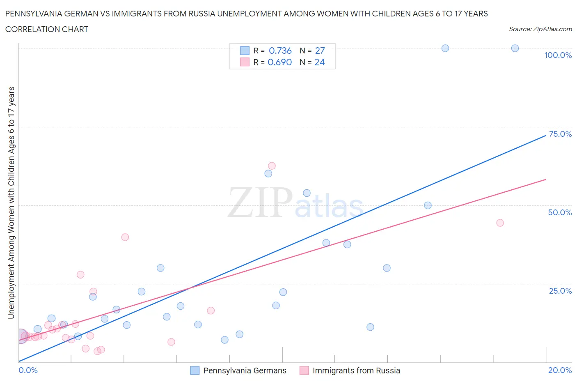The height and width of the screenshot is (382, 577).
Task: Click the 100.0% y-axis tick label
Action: tap(558, 55)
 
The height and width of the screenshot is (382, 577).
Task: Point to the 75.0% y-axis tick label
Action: tap(560, 134)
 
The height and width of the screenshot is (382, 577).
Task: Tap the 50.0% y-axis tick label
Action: tap(560, 212)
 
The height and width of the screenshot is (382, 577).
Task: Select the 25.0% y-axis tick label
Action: tap(560, 291)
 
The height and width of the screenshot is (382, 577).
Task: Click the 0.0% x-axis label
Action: tap(28, 370)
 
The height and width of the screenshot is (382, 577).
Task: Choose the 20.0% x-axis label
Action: tap(560, 370)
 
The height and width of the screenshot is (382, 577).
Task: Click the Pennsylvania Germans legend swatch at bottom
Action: tap(195, 370)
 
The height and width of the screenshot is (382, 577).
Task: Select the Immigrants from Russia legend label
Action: tap(356, 370)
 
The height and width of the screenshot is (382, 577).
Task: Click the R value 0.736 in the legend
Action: tap(280, 51)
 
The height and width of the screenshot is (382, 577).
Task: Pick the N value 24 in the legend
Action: tap(319, 62)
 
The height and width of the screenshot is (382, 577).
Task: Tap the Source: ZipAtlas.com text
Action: tap(540, 29)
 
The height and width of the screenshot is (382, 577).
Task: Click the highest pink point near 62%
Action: tap(272, 166)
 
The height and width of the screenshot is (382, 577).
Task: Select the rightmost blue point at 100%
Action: tap(515, 48)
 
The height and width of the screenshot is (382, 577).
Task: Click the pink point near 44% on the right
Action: tap(500, 223)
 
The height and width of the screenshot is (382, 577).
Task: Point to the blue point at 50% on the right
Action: tap(428, 205)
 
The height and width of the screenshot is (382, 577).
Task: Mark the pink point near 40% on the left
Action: tap(125, 237)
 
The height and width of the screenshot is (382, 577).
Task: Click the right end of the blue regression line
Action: tap(546, 135)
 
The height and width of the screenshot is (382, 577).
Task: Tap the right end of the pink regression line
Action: tap(546, 179)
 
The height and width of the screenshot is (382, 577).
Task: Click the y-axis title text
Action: tap(11, 203)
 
